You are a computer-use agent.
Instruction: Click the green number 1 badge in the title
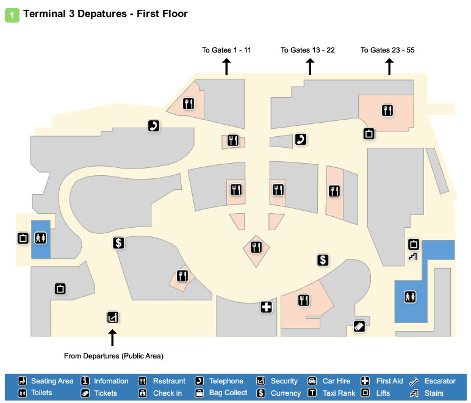12,14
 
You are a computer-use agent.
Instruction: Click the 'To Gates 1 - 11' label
226,50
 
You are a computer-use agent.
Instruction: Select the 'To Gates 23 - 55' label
387,50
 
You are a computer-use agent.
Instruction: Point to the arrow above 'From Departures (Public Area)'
112,337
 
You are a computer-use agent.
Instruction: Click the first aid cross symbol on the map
266,307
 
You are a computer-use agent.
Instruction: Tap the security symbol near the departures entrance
112,317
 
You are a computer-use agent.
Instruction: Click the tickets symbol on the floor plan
359,326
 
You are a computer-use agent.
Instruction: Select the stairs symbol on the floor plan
412,256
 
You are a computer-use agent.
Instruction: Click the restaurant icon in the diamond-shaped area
256,247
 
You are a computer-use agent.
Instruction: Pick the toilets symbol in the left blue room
41,238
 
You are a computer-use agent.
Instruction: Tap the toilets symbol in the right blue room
409,297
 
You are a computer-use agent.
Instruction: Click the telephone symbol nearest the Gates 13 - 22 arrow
300,139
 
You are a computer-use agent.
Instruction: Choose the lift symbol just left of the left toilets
23,238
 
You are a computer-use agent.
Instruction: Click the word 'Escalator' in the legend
440,381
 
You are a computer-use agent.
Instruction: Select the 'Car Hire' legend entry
336,381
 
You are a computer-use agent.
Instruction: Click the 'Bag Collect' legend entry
228,393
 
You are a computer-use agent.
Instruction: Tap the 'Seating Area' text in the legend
52,381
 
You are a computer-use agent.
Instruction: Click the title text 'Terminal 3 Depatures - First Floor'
106,13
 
